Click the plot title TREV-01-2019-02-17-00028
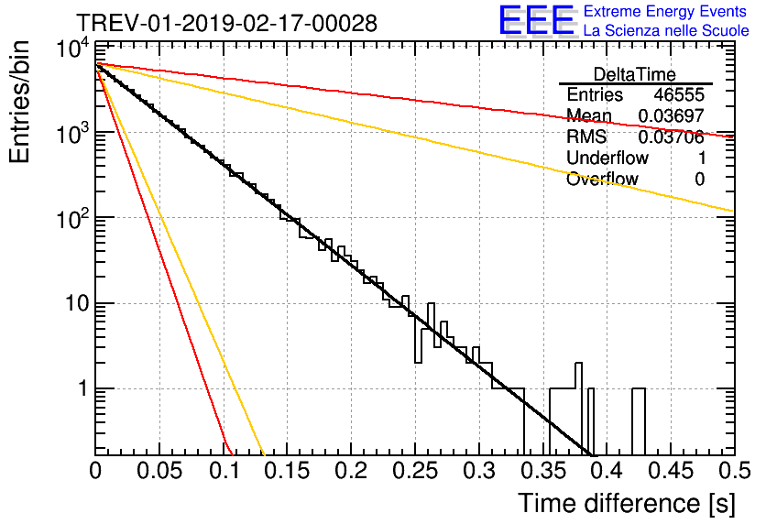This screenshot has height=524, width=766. pos(225,24)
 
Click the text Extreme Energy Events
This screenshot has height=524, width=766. pos(666,12)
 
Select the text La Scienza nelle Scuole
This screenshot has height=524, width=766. pos(666,30)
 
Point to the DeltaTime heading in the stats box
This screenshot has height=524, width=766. pos(635,74)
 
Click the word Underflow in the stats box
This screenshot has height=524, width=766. pos(607,158)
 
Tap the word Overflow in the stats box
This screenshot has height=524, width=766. pos(602,179)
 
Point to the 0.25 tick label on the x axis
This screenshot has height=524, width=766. pos(414,472)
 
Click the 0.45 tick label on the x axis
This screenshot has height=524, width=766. pos(670,472)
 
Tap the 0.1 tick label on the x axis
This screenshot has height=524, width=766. pos(223,472)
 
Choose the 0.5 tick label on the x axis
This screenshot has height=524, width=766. pos(733,472)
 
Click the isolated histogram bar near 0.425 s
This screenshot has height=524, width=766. pos(639,421)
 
